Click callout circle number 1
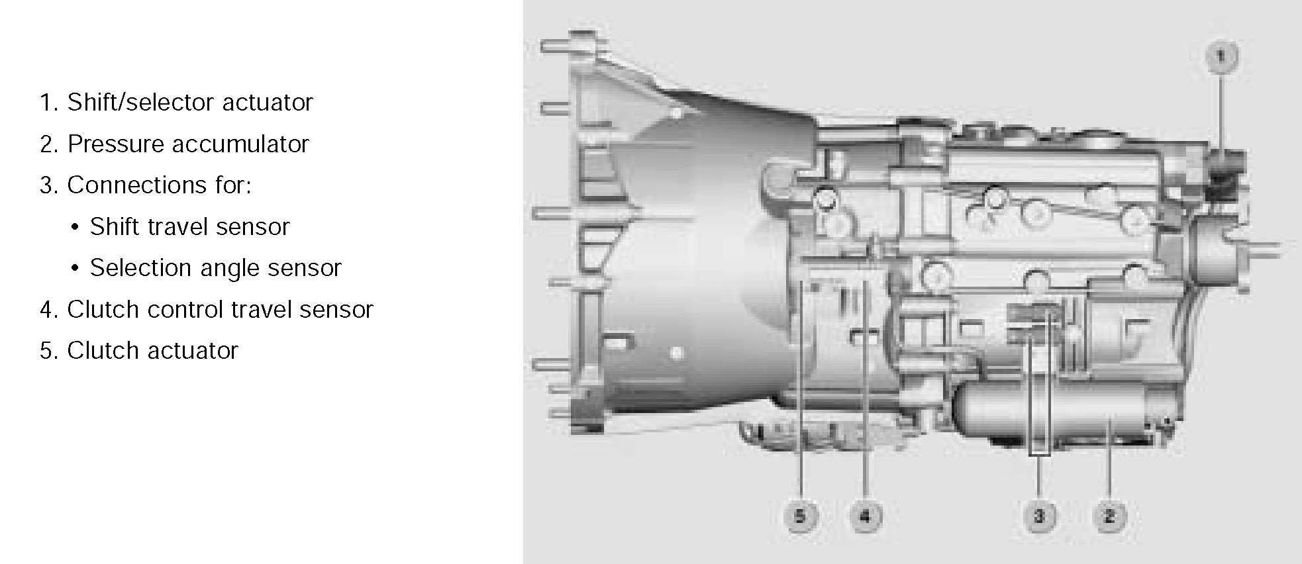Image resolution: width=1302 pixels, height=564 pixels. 1221,56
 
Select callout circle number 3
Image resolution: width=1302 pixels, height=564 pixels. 1038,516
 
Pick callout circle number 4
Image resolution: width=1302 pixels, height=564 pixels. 866,516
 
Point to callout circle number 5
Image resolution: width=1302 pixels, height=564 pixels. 800,516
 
